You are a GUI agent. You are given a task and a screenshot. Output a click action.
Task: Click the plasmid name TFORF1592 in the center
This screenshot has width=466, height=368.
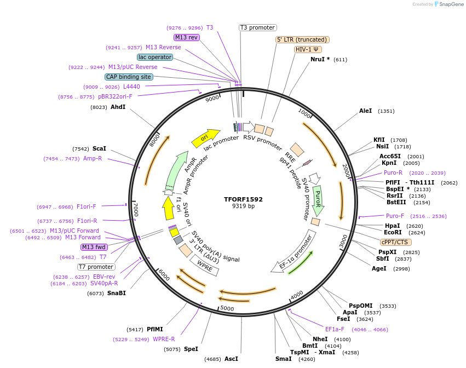243,199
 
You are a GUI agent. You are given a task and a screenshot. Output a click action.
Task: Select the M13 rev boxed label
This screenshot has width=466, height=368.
186,37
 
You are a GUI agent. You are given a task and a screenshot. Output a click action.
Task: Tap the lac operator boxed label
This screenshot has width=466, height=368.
155,57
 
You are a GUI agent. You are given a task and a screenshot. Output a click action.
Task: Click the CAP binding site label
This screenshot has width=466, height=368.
129,77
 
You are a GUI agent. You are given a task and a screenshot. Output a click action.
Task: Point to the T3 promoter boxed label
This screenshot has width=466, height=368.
258,27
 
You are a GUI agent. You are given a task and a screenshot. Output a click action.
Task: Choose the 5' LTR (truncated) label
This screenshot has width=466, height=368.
302,39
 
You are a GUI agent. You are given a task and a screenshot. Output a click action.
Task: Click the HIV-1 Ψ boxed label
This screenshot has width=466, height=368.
308,49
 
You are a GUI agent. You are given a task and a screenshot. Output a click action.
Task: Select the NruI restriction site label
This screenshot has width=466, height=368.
320,59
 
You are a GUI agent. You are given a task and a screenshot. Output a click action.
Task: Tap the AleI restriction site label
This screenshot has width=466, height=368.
365,111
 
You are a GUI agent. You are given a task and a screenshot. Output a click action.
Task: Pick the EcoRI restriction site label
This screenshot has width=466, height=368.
393,232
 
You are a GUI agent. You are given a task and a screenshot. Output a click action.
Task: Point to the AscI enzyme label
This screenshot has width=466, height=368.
231,359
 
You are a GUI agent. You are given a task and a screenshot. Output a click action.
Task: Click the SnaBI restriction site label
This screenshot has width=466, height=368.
116,293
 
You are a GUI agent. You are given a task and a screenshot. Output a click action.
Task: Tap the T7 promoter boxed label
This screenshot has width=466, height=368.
96,267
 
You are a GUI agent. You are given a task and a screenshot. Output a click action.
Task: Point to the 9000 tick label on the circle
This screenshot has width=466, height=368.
212,99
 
